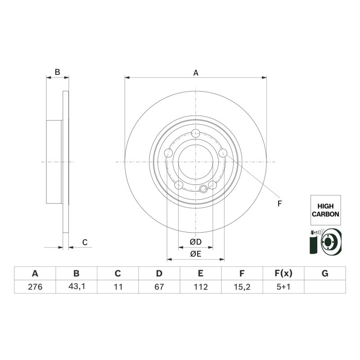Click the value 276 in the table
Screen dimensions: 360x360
35,287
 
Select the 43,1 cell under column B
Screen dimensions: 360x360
76,287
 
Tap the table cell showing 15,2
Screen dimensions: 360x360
242,287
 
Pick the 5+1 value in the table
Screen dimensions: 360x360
283,287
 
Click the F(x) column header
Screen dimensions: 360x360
283,273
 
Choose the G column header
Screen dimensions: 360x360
325,273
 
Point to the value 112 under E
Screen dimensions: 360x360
201,287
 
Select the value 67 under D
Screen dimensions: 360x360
159,287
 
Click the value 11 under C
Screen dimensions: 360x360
118,287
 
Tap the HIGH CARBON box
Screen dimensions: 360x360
325,210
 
